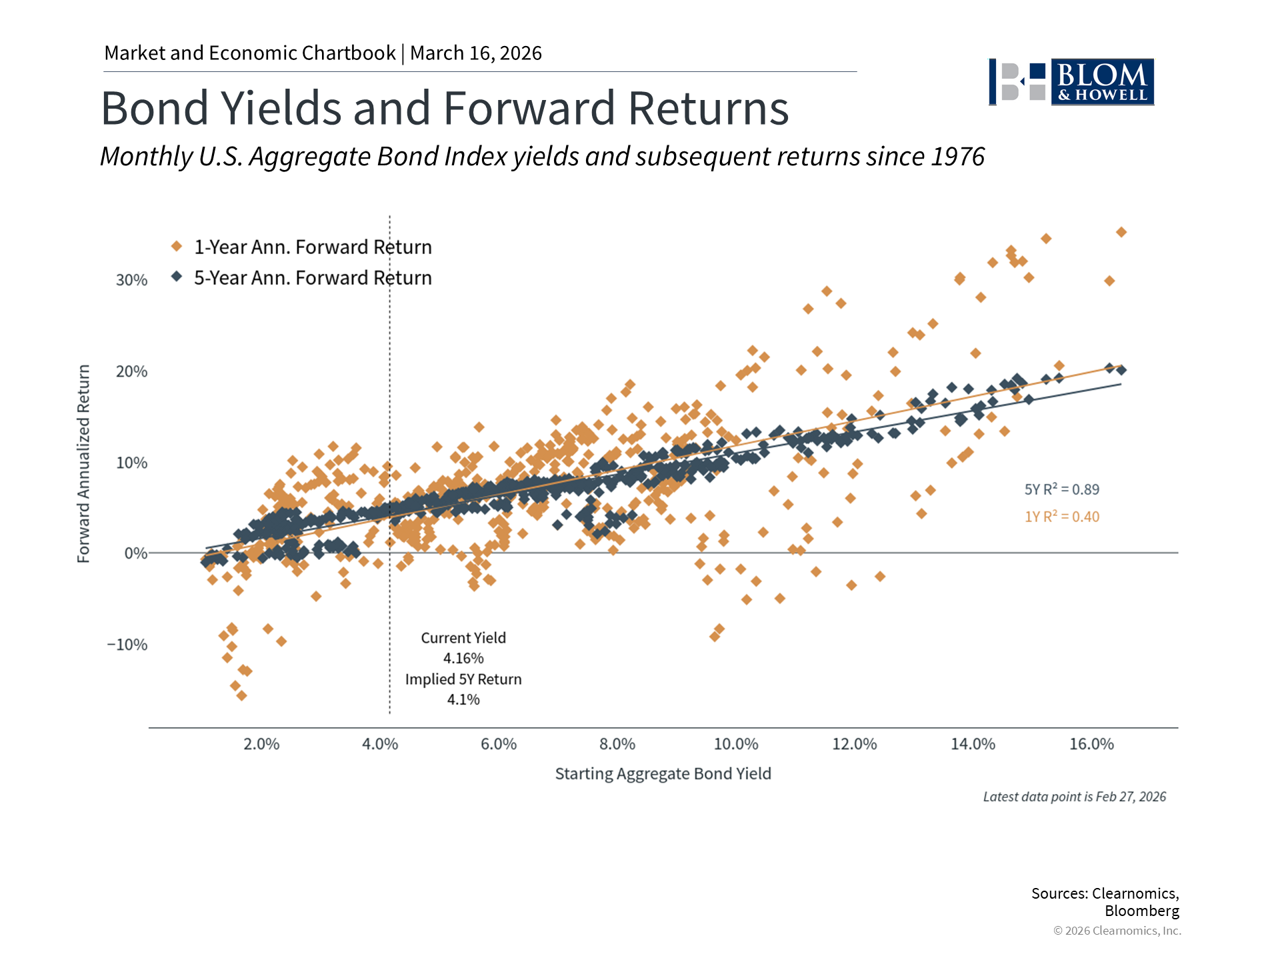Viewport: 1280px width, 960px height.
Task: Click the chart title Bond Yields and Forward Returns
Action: coord(445,108)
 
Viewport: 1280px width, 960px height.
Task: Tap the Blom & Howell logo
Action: coord(1071,82)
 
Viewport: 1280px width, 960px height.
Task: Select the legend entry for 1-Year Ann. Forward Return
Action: coord(312,247)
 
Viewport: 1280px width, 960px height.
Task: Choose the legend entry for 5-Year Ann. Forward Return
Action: coord(312,278)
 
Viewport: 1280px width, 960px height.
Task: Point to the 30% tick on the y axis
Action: coord(131,280)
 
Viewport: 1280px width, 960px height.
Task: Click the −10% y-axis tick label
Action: coord(127,645)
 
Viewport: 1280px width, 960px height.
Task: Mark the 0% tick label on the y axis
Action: coord(135,553)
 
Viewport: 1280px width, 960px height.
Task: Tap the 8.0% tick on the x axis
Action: coord(617,744)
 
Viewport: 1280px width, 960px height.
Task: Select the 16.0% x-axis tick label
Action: coord(1091,744)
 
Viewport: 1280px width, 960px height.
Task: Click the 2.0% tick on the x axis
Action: coord(261,744)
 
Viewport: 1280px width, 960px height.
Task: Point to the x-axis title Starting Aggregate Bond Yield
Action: coord(663,773)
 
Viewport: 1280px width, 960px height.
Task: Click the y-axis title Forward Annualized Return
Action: coord(83,463)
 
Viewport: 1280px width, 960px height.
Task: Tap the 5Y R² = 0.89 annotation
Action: coord(1061,489)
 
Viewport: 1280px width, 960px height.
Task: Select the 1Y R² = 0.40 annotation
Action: coord(1061,517)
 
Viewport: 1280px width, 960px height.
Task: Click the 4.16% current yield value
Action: coord(463,659)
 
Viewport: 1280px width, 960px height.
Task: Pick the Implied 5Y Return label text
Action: coord(463,679)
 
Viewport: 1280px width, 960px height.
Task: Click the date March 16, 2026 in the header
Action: coord(475,53)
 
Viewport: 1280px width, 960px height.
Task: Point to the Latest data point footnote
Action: coord(1074,797)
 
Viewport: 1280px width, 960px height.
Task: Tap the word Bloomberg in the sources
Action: coord(1141,911)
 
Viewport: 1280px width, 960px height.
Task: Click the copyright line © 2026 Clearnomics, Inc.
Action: coord(1117,931)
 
